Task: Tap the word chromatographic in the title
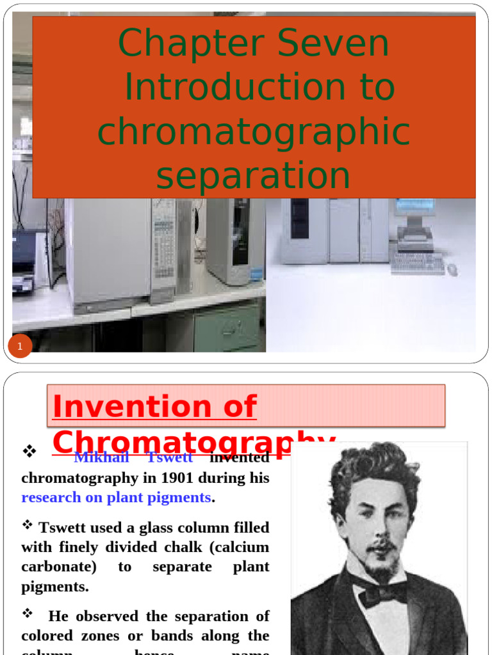(254, 132)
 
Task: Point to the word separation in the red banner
(254, 176)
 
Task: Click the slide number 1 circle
(20, 347)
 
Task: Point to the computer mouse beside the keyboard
(453, 269)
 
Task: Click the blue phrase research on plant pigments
(116, 498)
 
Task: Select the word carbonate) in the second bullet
(59, 567)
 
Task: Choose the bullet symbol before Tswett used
(28, 525)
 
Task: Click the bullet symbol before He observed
(28, 613)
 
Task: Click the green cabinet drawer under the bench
(227, 327)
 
